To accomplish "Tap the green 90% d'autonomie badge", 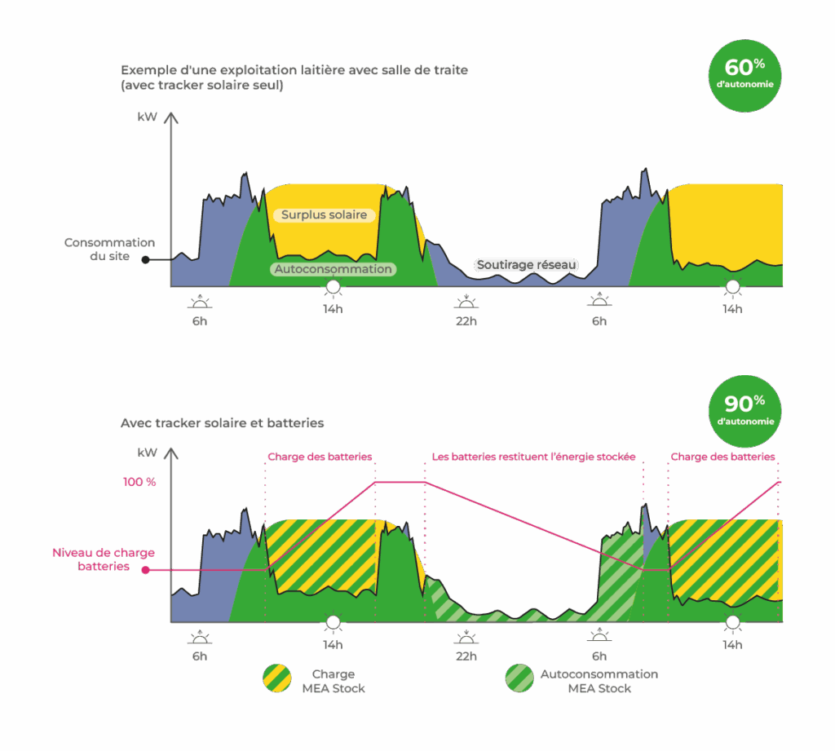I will pyautogui.click(x=744, y=411).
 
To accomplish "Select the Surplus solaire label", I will pyautogui.click(x=325, y=215).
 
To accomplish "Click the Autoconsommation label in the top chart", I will pyautogui.click(x=333, y=269).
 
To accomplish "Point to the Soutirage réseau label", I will pyautogui.click(x=526, y=265).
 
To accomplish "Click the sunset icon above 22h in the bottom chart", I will pyautogui.click(x=466, y=638).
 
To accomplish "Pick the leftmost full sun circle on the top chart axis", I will pyautogui.click(x=332, y=287).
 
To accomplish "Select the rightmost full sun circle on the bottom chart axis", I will pyautogui.click(x=732, y=623).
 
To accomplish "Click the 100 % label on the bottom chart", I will pyautogui.click(x=139, y=482).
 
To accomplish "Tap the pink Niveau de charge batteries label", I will pyautogui.click(x=104, y=559).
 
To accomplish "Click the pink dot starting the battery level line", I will pyautogui.click(x=145, y=570).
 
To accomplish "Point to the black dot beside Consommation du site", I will pyautogui.click(x=145, y=260).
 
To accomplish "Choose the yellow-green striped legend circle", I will pyautogui.click(x=276, y=680).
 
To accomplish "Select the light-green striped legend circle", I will pyautogui.click(x=519, y=680).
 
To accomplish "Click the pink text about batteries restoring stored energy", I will pyautogui.click(x=534, y=457).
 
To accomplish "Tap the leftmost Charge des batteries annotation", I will pyautogui.click(x=320, y=457).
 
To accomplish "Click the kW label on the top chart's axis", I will pyautogui.click(x=147, y=118).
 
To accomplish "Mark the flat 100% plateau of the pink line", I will pyautogui.click(x=400, y=482).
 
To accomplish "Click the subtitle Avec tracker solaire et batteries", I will pyautogui.click(x=222, y=423).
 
